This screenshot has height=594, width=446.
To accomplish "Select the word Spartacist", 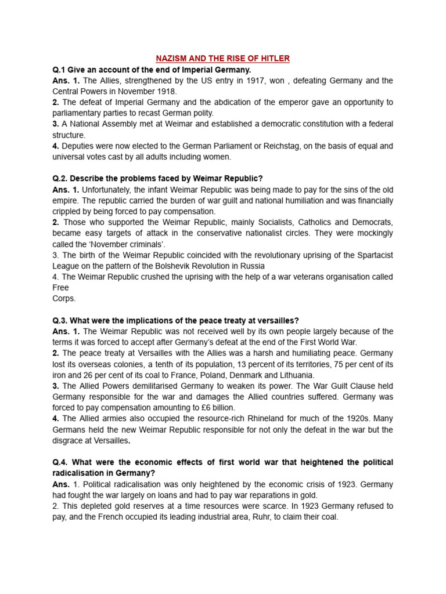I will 373,255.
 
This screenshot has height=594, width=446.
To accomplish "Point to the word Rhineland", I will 247,418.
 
